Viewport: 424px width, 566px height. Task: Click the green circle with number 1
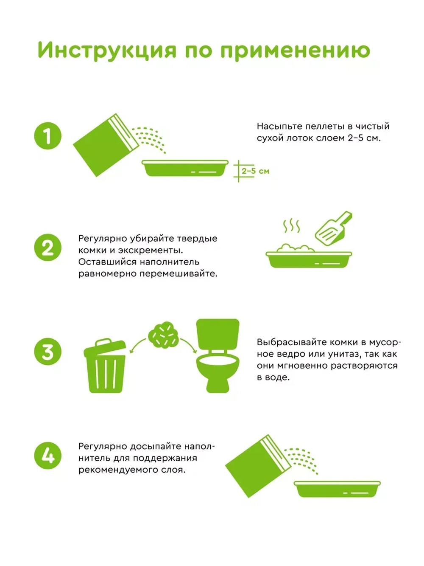pyautogui.click(x=48, y=136)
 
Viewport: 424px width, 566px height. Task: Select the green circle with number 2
pyautogui.click(x=48, y=248)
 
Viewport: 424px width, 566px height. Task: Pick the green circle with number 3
pyautogui.click(x=48, y=352)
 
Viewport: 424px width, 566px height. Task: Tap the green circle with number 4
pyautogui.click(x=48, y=456)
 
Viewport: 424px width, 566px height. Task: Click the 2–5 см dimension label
pyautogui.click(x=255, y=171)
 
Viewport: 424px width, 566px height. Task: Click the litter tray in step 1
pyautogui.click(x=185, y=169)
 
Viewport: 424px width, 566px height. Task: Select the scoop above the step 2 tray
pyautogui.click(x=332, y=230)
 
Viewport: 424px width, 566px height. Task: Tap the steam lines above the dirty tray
pyautogui.click(x=291, y=226)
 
